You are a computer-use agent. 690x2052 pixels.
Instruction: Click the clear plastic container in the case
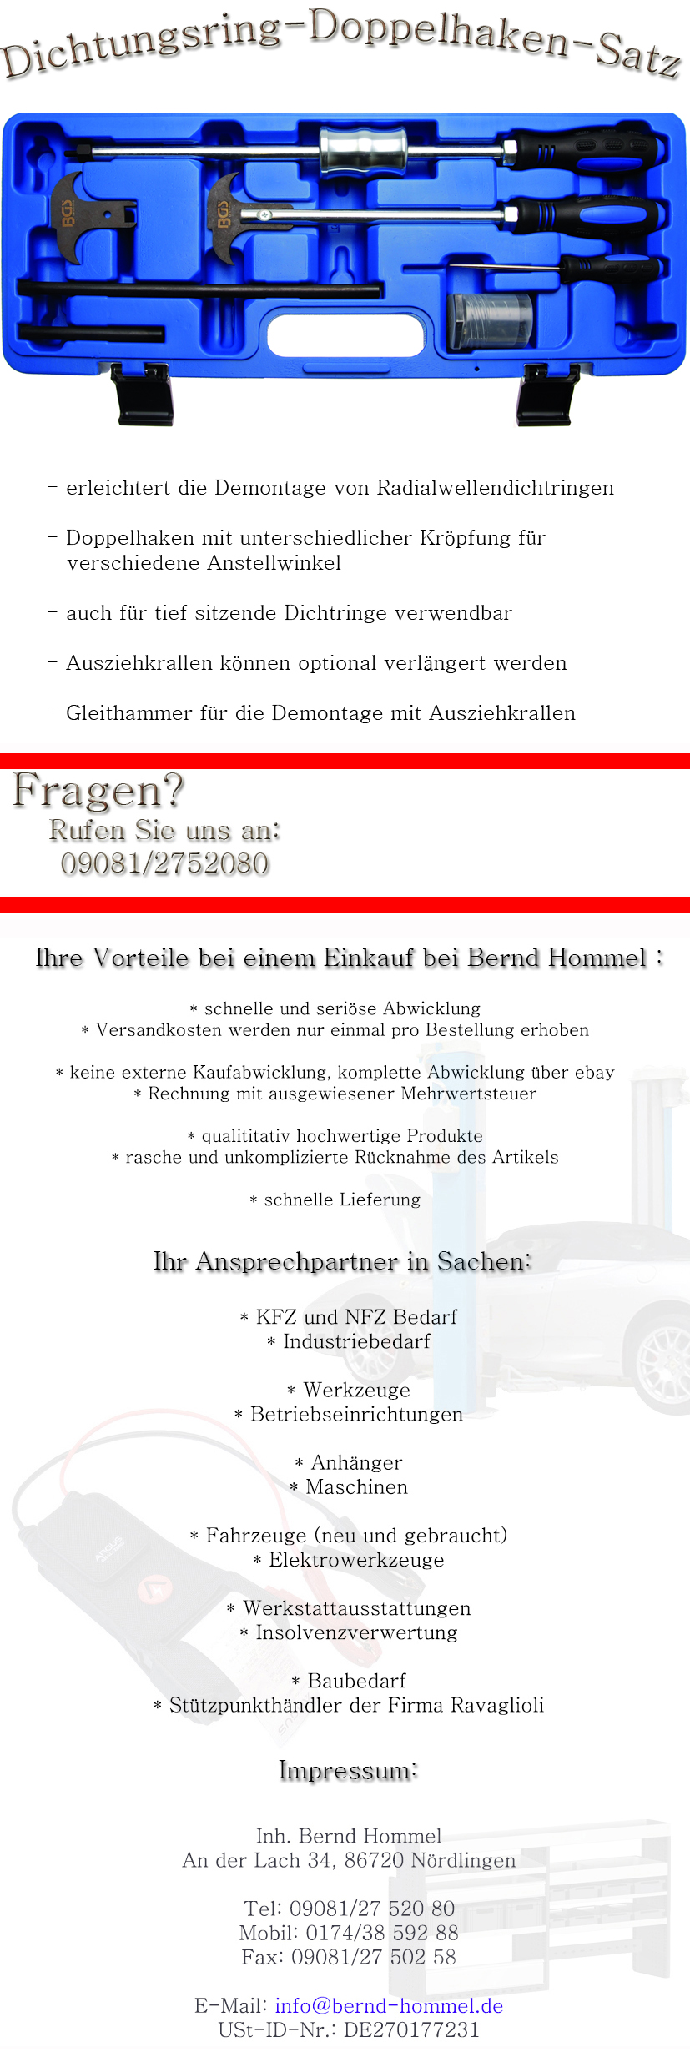click(490, 319)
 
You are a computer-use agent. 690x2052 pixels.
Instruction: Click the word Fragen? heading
click(98, 791)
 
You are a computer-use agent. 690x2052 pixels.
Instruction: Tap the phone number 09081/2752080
click(164, 863)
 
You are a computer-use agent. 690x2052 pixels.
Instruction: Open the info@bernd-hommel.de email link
click(389, 2005)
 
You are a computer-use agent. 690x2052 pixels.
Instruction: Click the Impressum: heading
click(348, 1770)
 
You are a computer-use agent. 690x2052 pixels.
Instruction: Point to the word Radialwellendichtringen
click(495, 488)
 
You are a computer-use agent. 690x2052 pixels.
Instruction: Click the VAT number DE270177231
click(411, 2029)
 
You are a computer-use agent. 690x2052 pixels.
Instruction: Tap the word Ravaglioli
click(497, 1705)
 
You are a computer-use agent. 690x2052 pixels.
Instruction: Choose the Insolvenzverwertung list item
click(356, 1632)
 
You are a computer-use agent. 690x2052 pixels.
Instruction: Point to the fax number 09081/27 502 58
click(373, 1957)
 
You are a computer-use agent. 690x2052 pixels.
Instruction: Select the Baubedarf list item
click(356, 1681)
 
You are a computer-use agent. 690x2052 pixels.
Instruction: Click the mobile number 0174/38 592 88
click(381, 1933)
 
